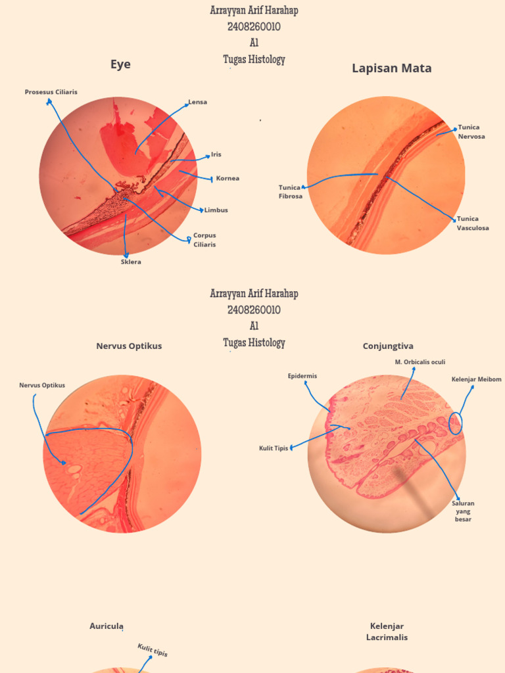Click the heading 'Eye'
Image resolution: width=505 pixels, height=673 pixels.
(121, 64)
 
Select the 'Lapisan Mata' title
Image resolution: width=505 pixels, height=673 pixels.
(392, 68)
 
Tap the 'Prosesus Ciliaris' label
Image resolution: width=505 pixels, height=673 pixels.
(51, 92)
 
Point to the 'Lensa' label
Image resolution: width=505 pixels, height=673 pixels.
(198, 102)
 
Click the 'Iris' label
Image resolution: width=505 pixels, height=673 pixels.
(216, 154)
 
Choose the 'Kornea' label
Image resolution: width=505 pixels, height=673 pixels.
(228, 178)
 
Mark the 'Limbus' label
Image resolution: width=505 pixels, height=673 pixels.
(216, 210)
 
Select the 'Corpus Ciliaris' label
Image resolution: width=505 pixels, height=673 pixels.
(204, 240)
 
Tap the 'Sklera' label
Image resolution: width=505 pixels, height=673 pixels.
(131, 262)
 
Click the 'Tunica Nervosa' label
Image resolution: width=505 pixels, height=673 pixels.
(471, 131)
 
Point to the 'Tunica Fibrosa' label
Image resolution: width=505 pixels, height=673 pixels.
(290, 192)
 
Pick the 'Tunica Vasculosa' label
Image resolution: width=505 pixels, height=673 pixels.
(473, 223)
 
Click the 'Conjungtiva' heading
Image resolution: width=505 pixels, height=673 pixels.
(388, 346)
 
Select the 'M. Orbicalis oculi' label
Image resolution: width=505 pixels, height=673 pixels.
(420, 362)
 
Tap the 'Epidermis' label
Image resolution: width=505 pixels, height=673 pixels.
(302, 376)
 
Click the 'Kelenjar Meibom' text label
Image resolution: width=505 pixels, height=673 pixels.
(476, 379)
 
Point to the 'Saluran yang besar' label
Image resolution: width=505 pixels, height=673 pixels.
(463, 511)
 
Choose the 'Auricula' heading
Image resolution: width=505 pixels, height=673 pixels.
(107, 626)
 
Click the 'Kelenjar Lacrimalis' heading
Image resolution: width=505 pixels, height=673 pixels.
(387, 632)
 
